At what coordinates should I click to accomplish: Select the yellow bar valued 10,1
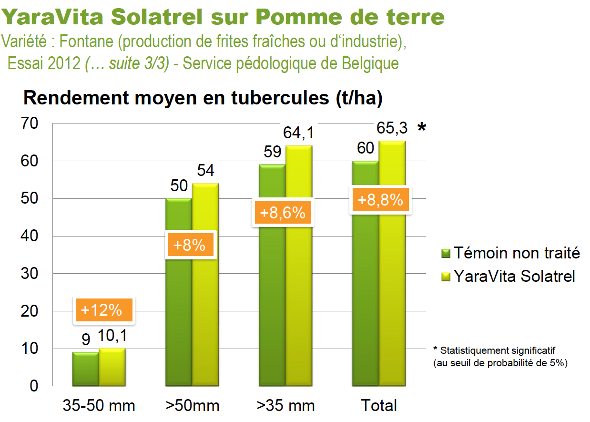tap(112, 367)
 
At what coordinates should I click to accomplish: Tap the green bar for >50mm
tap(179, 315)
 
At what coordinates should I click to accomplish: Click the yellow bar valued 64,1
tap(299, 296)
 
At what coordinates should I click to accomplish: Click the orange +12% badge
tap(102, 310)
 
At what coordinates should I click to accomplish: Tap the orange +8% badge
tap(190, 245)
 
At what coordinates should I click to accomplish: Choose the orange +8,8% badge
tap(380, 200)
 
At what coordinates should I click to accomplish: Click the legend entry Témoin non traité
tap(510, 253)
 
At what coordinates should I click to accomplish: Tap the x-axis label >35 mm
tap(285, 406)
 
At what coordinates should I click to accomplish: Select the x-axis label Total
tap(379, 406)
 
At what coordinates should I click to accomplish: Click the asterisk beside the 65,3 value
tap(421, 128)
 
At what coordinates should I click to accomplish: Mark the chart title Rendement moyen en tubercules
tap(203, 98)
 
